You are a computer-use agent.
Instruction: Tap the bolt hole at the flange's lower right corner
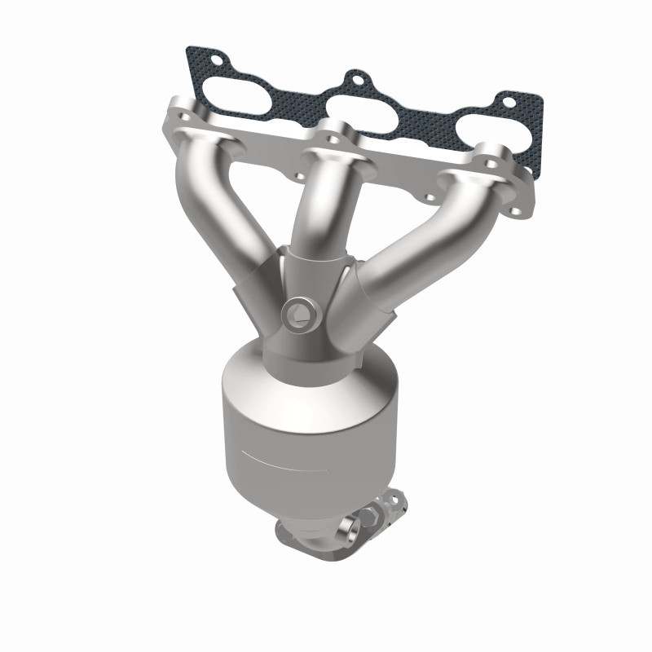tap(515, 212)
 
